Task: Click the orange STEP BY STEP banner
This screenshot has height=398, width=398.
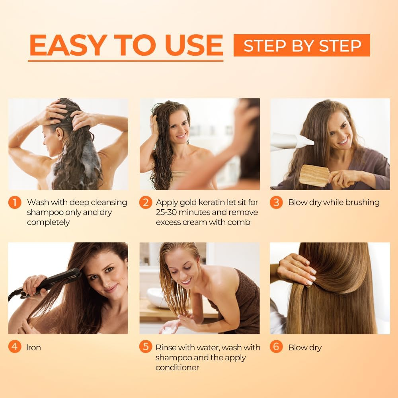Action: [x=302, y=45]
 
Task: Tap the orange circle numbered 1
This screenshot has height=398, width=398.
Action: [x=14, y=203]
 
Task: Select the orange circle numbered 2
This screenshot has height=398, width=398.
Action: [x=145, y=203]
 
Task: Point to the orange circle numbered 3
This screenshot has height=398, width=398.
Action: [x=276, y=203]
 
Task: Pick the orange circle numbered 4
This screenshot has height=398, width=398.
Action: [x=14, y=347]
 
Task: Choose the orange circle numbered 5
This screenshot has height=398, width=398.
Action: [x=145, y=347]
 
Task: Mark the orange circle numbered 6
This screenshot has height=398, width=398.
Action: [x=276, y=347]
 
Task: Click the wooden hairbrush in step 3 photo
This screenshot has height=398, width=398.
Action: [x=314, y=175]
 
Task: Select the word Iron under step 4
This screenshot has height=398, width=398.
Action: [x=34, y=347]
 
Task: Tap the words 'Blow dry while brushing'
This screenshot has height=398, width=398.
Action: [x=334, y=202]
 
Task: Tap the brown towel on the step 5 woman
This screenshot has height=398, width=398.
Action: [x=247, y=302]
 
